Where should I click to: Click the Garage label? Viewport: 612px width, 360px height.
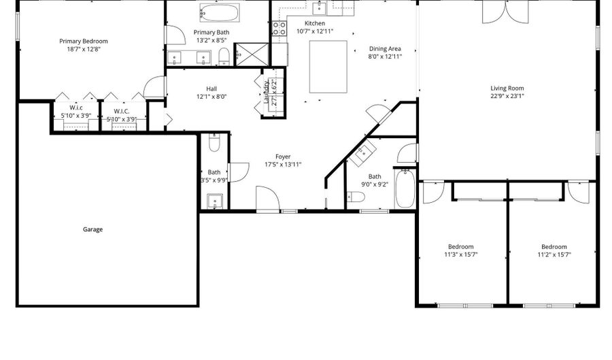coord(92,229)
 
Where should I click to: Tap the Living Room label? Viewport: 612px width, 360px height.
coord(507,88)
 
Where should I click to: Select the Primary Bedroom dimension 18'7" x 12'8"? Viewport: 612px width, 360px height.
coord(84,49)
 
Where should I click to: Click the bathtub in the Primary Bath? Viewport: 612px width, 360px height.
coord(220,13)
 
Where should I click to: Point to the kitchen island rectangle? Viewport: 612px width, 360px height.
coord(328,67)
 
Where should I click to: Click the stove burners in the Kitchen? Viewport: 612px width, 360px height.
coord(279,29)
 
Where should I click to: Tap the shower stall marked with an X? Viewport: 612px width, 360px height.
coord(252,54)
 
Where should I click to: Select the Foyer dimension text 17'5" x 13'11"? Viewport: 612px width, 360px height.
coord(283,165)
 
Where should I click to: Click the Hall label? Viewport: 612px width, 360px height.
coord(211,89)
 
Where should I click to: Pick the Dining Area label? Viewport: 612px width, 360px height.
coord(385,49)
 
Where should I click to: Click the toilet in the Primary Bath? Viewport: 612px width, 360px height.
coord(224,56)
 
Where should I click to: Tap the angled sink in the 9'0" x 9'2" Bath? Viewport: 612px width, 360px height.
coord(362,152)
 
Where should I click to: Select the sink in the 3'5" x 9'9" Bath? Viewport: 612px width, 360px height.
coord(215,201)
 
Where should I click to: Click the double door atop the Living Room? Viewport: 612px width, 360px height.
coord(505,12)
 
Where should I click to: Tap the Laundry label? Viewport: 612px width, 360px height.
coord(266,92)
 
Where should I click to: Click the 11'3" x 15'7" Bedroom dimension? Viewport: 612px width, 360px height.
coord(461,255)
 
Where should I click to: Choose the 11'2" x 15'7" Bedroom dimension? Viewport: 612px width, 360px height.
coord(554,255)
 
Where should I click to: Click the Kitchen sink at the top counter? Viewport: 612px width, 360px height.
coord(320,7)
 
